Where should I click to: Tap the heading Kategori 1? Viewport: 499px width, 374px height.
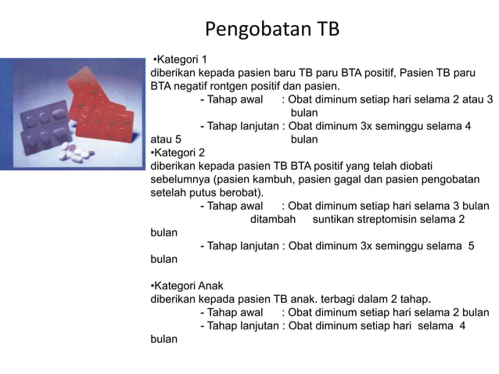(181, 59)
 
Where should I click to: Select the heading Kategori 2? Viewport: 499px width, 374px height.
(178, 152)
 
